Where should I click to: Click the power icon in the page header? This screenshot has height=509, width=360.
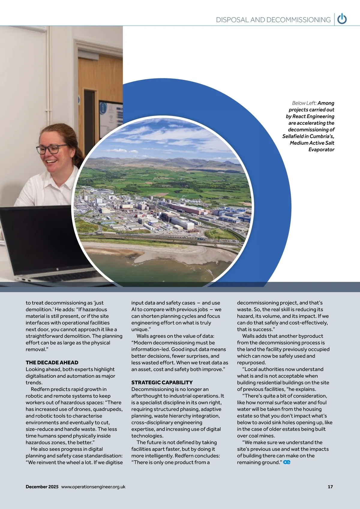(342, 19)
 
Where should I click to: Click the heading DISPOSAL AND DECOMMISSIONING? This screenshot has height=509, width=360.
(273, 20)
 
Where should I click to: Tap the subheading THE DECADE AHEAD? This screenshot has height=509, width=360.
(52, 363)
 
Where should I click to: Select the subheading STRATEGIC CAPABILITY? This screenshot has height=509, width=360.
(162, 382)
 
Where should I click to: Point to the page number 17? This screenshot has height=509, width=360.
(330, 487)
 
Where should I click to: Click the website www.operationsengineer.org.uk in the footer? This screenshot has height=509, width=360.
(93, 487)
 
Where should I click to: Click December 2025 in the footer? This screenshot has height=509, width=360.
(42, 487)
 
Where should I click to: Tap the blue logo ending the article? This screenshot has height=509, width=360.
(287, 462)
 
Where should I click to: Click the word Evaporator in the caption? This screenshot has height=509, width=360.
(321, 149)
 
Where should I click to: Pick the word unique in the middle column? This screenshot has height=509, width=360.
(140, 329)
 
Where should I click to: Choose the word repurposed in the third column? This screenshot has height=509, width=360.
(251, 363)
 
